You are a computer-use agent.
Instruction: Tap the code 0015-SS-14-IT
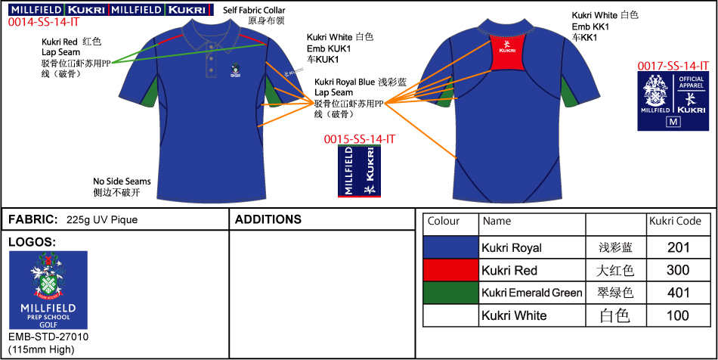[x=359, y=139]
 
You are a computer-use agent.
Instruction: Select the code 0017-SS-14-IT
[x=673, y=67]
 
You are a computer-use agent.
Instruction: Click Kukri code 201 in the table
[x=679, y=247]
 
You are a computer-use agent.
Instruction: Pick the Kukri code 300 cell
[x=679, y=270]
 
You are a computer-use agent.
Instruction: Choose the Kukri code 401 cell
[x=679, y=293]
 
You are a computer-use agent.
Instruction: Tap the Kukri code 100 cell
[x=679, y=315]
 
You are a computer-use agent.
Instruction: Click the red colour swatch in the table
[x=451, y=270]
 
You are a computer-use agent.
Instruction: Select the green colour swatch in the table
[x=451, y=293]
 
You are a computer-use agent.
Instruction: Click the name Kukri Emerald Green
[x=531, y=293]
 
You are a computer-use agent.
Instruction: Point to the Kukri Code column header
[x=675, y=222]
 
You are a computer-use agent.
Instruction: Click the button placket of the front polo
[x=209, y=64]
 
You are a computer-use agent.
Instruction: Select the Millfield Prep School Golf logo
[x=48, y=290]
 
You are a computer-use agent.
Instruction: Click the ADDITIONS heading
[x=268, y=220]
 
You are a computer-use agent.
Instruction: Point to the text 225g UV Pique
[x=102, y=220]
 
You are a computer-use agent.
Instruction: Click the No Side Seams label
[x=122, y=182]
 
